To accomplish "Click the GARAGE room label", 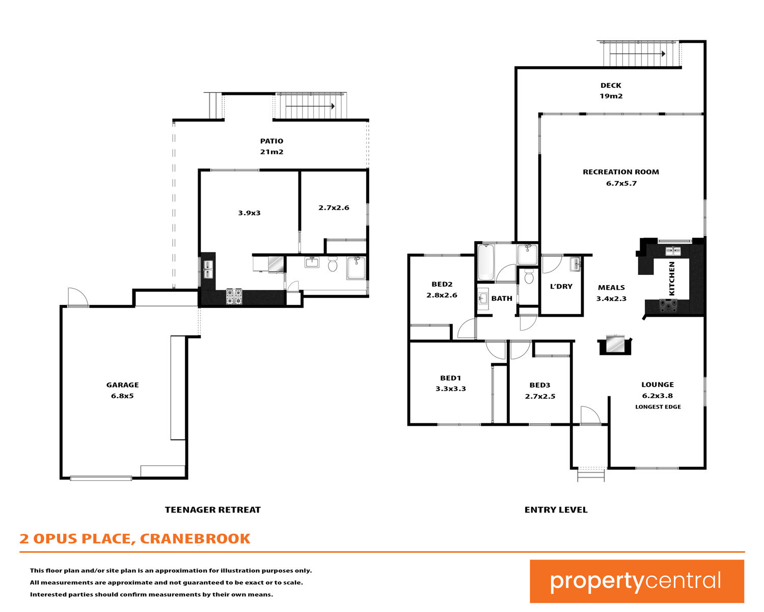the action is pos(122,385).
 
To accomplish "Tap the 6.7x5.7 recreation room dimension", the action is pos(621,184).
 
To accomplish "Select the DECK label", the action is pos(611,85).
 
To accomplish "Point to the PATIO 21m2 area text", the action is pos(271,146).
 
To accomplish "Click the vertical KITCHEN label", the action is pos(671,278).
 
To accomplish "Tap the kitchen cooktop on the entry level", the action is pos(668,306).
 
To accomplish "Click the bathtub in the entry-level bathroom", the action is pos(486,263).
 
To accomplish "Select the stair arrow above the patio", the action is pos(310,106).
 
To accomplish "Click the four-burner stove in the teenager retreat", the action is pos(234,297).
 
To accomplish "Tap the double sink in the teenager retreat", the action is pos(208,270).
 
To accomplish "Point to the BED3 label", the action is pos(539,385).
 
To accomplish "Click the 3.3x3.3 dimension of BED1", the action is pos(451,389).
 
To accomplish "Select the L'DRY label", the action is pos(561,286).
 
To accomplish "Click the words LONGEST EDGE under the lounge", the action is pos(658,407).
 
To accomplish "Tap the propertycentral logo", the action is pos(637,581).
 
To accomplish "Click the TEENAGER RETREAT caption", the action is pos(213,510).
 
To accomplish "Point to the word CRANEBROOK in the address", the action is pos(195,539).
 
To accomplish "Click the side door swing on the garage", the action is pos(78,297).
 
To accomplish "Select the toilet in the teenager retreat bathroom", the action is pos(332,264).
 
